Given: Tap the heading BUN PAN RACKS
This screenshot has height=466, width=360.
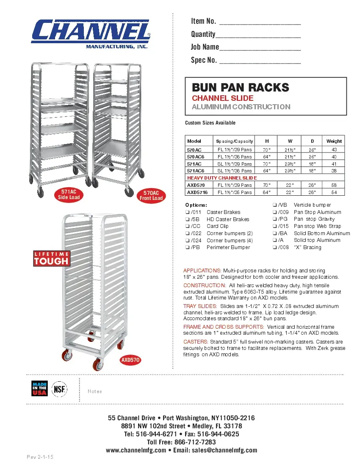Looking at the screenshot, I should click(241, 88).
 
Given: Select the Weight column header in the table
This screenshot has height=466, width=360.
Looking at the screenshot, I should click(334, 141).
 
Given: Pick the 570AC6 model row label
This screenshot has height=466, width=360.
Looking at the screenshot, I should click(195, 157).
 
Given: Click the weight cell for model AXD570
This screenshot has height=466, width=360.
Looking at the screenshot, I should click(334, 185).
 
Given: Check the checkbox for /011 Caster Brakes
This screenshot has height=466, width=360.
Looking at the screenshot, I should click(187, 212).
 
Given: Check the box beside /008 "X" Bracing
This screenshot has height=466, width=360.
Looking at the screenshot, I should click(274, 247).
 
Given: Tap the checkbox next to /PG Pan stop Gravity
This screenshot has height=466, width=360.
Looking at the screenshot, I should click(274, 219).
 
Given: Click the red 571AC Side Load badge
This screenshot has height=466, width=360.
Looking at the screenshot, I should click(69, 195).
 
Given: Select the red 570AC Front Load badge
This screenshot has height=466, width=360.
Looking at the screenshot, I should click(151, 195).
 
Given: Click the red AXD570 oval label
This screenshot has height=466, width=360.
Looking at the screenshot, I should click(130, 361).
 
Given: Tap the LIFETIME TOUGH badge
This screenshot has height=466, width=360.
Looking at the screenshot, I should click(51, 258).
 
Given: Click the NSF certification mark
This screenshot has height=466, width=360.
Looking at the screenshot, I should click(59, 389).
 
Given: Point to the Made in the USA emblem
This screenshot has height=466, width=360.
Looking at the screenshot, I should click(39, 389).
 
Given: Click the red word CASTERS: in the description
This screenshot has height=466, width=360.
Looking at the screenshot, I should click(196, 341).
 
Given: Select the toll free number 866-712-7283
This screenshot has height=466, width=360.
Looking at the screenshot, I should click(198, 442).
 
